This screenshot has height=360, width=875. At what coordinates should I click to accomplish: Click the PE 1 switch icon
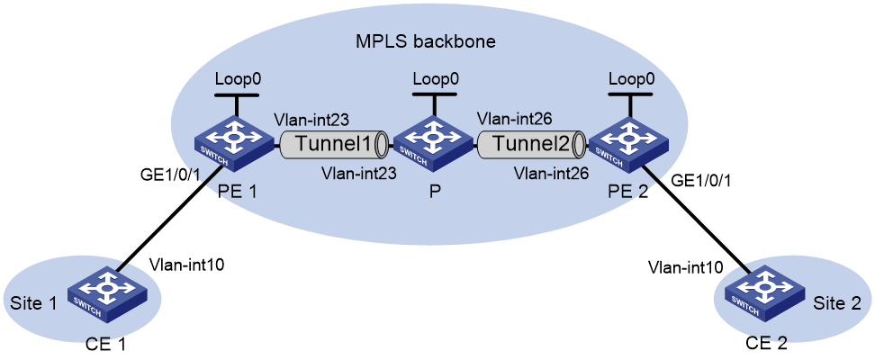coord(234,144)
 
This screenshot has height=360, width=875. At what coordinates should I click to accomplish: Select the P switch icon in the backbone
coord(432,144)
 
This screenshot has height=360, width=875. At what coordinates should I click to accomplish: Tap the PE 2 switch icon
coord(630,144)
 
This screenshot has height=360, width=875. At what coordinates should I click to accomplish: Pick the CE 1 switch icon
coord(107,296)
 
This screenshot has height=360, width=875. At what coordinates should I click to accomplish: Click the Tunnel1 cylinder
coord(334,144)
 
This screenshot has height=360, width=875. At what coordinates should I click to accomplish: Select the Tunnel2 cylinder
coord(531,144)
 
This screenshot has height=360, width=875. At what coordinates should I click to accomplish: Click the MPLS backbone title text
coord(426,41)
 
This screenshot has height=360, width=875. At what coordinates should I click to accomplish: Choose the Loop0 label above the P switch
coord(436,78)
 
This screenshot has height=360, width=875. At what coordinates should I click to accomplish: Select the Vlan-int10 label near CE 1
coord(187,265)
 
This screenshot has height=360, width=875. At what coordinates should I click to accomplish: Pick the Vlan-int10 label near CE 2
coord(686,267)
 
